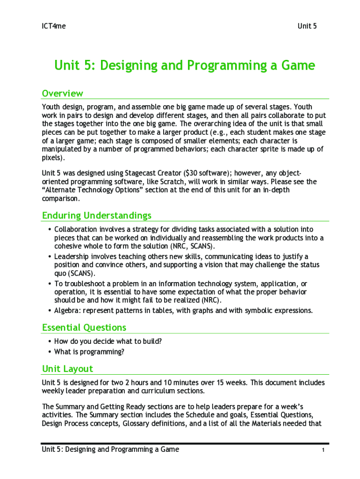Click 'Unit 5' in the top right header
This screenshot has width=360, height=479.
[307, 26]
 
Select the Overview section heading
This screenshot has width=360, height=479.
[63, 93]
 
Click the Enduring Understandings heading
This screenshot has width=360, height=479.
[97, 216]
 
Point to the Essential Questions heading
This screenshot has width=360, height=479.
[84, 327]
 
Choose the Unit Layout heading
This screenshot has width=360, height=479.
[67, 369]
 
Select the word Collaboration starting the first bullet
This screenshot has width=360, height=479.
[76, 229]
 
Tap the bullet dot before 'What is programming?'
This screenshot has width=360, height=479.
[50, 352]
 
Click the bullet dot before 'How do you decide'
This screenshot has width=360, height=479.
[50, 341]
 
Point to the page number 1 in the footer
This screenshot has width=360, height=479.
[323, 450]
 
